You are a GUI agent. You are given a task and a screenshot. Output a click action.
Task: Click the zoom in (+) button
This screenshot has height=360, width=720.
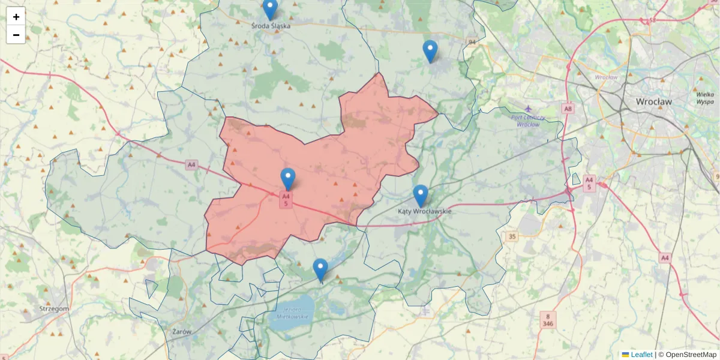click(x=16, y=17)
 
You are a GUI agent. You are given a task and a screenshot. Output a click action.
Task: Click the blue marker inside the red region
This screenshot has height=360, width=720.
click(x=288, y=179)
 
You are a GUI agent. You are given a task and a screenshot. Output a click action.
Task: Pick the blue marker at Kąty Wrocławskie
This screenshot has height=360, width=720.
click(x=421, y=196)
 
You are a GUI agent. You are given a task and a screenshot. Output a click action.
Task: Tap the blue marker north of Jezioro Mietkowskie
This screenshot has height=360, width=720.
click(x=320, y=269)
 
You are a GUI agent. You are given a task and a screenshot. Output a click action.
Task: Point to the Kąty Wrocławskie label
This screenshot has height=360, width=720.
click(x=424, y=211)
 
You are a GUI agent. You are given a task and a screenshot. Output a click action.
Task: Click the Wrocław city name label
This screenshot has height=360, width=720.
click(x=654, y=102)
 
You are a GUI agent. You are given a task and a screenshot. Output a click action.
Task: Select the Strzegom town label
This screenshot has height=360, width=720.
click(x=54, y=308)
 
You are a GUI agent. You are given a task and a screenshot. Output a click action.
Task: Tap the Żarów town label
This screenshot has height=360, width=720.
click(x=181, y=331)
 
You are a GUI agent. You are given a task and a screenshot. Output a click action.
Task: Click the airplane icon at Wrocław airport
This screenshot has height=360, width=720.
click(x=528, y=109)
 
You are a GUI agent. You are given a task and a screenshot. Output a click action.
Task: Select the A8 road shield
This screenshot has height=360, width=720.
click(x=568, y=109)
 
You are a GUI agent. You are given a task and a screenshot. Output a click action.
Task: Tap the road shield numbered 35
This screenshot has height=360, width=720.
click(x=511, y=236)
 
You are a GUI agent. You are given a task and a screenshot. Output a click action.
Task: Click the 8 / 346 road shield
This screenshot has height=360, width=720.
click(x=547, y=319)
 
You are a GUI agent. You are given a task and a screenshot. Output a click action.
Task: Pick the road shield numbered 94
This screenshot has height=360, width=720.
click(x=472, y=42)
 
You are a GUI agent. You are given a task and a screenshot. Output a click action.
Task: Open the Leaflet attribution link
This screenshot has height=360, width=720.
click(x=641, y=355)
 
